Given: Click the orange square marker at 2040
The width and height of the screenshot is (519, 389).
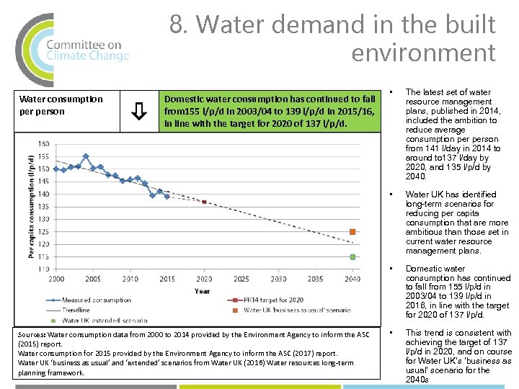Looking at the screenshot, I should pyautogui.click(x=352, y=232).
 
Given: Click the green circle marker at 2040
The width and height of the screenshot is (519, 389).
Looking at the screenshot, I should pyautogui.click(x=352, y=257).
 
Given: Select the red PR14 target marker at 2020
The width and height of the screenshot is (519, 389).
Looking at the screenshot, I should pyautogui.click(x=204, y=202).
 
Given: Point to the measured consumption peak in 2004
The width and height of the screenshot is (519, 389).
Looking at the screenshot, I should pyautogui.click(x=86, y=156).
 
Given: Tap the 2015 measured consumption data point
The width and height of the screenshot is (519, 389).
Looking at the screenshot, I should pyautogui.click(x=167, y=197).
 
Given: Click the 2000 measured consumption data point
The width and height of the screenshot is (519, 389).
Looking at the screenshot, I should pyautogui.click(x=56, y=169).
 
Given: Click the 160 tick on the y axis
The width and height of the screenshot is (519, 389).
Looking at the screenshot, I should pyautogui.click(x=43, y=143).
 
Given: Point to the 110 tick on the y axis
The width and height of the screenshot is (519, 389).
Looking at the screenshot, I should pyautogui.click(x=43, y=269).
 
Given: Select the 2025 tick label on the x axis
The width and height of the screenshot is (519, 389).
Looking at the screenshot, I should pyautogui.click(x=241, y=279).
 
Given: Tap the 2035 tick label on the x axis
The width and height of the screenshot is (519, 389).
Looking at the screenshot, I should pyautogui.click(x=315, y=279).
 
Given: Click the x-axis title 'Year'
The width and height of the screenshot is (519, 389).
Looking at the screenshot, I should pyautogui.click(x=203, y=290).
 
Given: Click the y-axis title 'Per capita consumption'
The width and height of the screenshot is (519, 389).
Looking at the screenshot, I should pyautogui.click(x=32, y=206).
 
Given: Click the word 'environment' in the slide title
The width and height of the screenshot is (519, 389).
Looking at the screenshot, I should pyautogui.click(x=424, y=53).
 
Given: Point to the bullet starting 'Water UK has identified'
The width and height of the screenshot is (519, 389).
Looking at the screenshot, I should pyautogui.click(x=456, y=223).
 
